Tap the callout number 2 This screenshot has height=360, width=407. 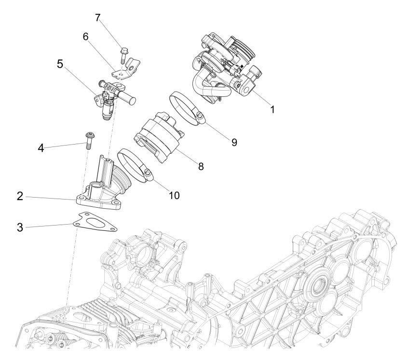coord(20,196)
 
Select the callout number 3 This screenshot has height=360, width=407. coord(20,226)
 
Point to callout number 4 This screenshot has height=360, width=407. coord(41,148)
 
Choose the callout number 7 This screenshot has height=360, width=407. coord(98,18)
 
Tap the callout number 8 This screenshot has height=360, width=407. coord(201,166)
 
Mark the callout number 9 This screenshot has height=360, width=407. coord(234,142)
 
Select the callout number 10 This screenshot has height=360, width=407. coord(174,195)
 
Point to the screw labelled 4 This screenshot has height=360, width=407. coord(89,140)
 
